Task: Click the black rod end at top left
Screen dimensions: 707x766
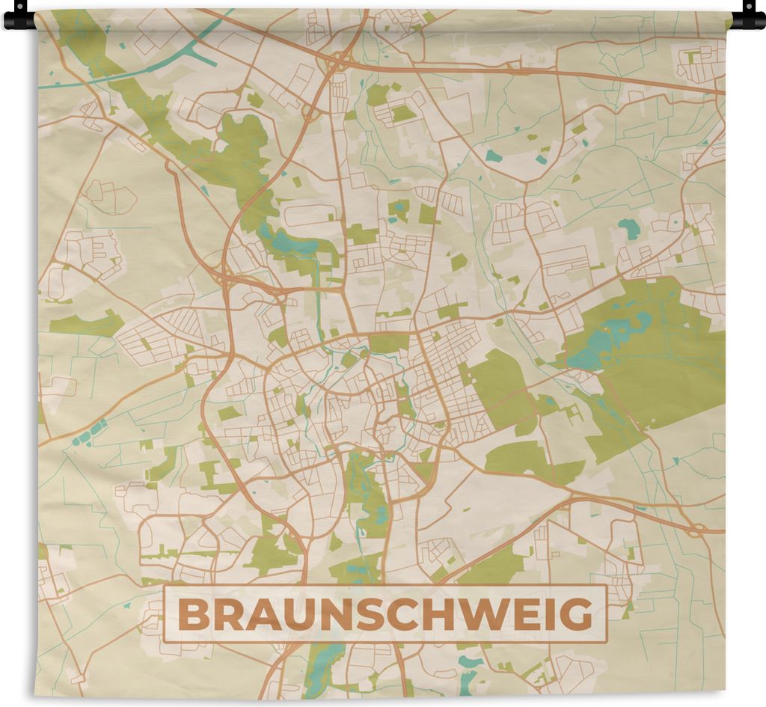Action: pyautogui.click(x=19, y=16)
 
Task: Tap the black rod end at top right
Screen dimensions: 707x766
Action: pyautogui.click(x=748, y=16)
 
